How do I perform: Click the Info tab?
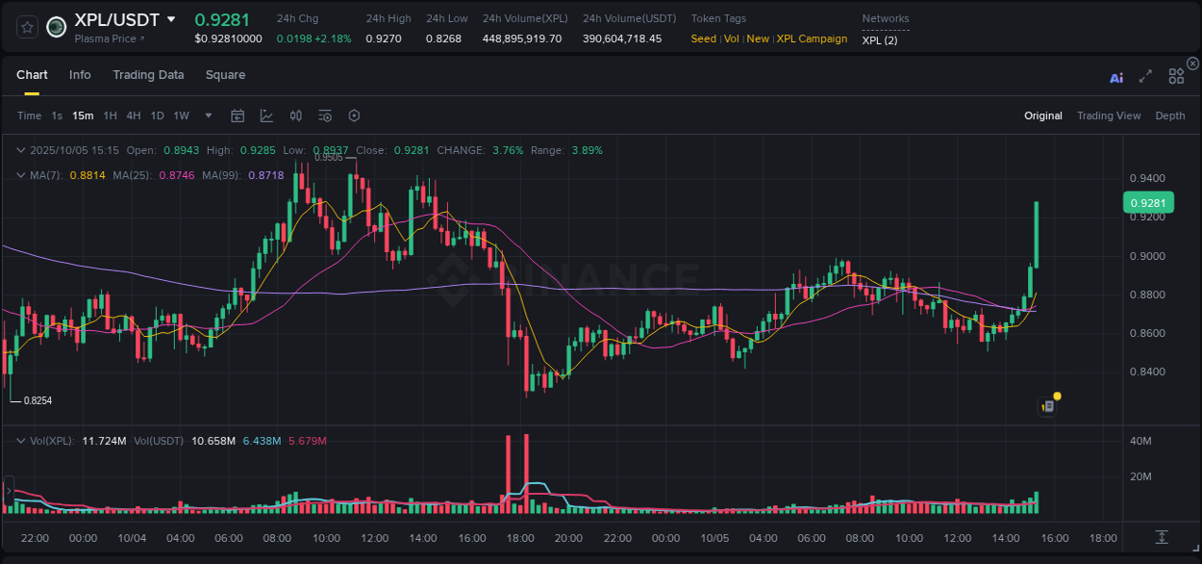click(x=80, y=75)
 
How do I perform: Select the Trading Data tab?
click(x=148, y=75)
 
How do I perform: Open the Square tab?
click(x=225, y=75)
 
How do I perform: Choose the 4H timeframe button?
click(x=134, y=115)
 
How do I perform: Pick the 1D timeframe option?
click(x=157, y=115)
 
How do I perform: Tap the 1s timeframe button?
click(x=57, y=115)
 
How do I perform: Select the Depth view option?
click(x=1169, y=115)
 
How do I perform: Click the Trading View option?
click(x=1108, y=115)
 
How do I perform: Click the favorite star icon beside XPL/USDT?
click(x=27, y=27)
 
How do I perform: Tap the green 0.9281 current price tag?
click(x=1148, y=203)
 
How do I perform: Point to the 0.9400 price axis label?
click(x=1147, y=179)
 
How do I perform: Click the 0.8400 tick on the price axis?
click(x=1147, y=372)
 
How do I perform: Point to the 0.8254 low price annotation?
click(x=38, y=400)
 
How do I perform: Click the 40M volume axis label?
click(x=1140, y=441)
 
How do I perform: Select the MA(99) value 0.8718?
click(x=265, y=175)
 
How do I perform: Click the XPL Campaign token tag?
click(x=812, y=39)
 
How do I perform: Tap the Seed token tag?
click(x=704, y=39)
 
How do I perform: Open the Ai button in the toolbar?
click(x=1116, y=78)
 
